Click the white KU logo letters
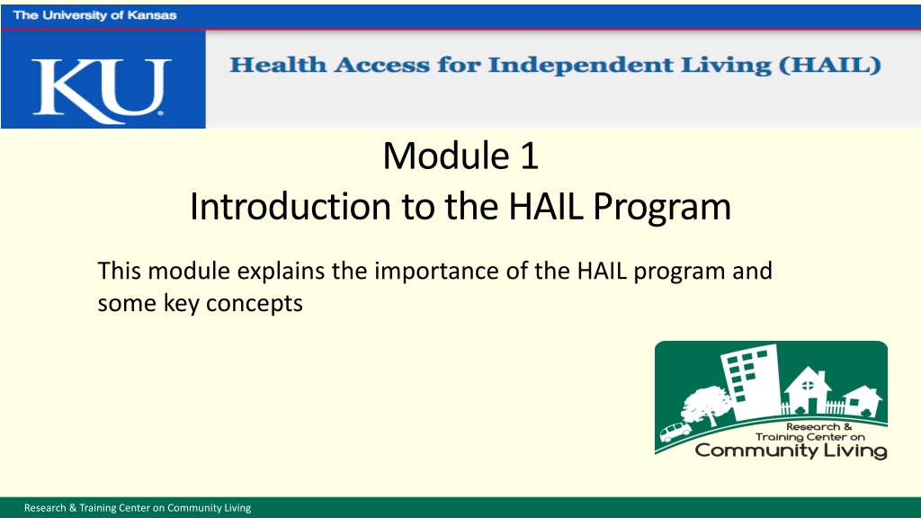(102, 91)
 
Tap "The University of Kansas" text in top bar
(94, 15)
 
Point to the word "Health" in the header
(278, 64)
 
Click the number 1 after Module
(529, 156)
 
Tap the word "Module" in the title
(446, 156)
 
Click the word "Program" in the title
(662, 208)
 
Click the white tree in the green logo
(705, 405)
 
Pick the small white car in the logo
(675, 432)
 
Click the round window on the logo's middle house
(809, 386)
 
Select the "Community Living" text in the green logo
(791, 451)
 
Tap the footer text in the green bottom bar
(138, 508)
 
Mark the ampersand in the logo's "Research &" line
(847, 427)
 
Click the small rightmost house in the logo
(863, 401)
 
